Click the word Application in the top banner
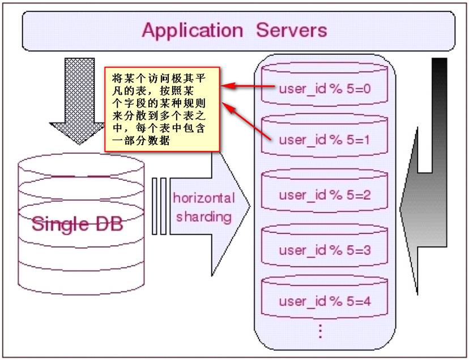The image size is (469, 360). coord(193,29)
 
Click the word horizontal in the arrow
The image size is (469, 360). coord(203,198)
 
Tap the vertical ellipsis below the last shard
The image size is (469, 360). coord(320,329)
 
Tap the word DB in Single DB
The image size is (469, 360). coord(108,223)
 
